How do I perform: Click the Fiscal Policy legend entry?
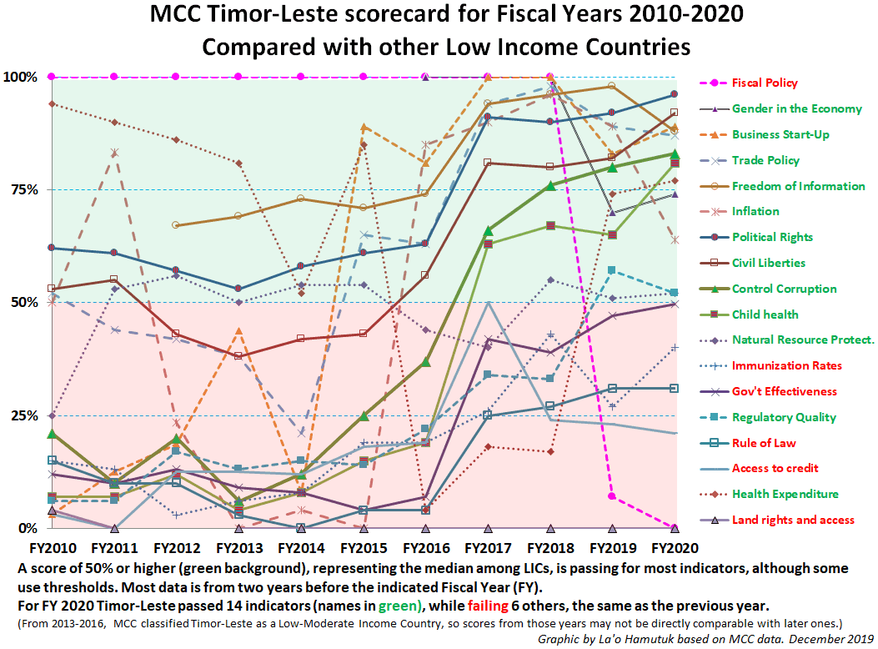click(x=764, y=83)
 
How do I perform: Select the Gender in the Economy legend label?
click(x=796, y=108)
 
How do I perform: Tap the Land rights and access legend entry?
click(x=792, y=520)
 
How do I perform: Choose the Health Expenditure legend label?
click(x=785, y=494)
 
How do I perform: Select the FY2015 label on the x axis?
click(x=364, y=549)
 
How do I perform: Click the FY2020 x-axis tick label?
click(x=675, y=549)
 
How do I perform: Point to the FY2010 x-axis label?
click(x=52, y=549)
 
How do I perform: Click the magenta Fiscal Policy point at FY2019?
click(x=612, y=496)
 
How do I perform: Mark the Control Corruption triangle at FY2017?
click(x=488, y=230)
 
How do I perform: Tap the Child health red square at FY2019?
click(x=612, y=235)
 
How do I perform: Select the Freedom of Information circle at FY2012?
click(x=176, y=225)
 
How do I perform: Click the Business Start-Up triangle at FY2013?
click(x=238, y=331)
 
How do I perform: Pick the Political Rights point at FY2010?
click(x=52, y=248)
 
